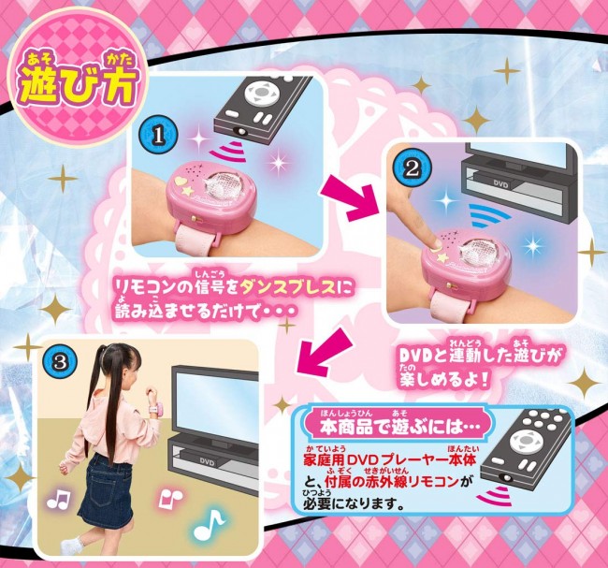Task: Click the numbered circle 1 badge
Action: (158, 136)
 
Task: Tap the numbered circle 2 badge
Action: (411, 168)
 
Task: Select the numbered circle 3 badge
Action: (61, 362)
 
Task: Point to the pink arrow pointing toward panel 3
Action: (321, 350)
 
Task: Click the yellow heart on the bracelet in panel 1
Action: (181, 181)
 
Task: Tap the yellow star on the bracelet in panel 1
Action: (187, 191)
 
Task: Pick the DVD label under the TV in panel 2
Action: (500, 184)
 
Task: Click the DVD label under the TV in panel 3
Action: (207, 461)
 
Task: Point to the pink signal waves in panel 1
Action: (229, 153)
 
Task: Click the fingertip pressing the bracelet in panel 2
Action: (437, 244)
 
